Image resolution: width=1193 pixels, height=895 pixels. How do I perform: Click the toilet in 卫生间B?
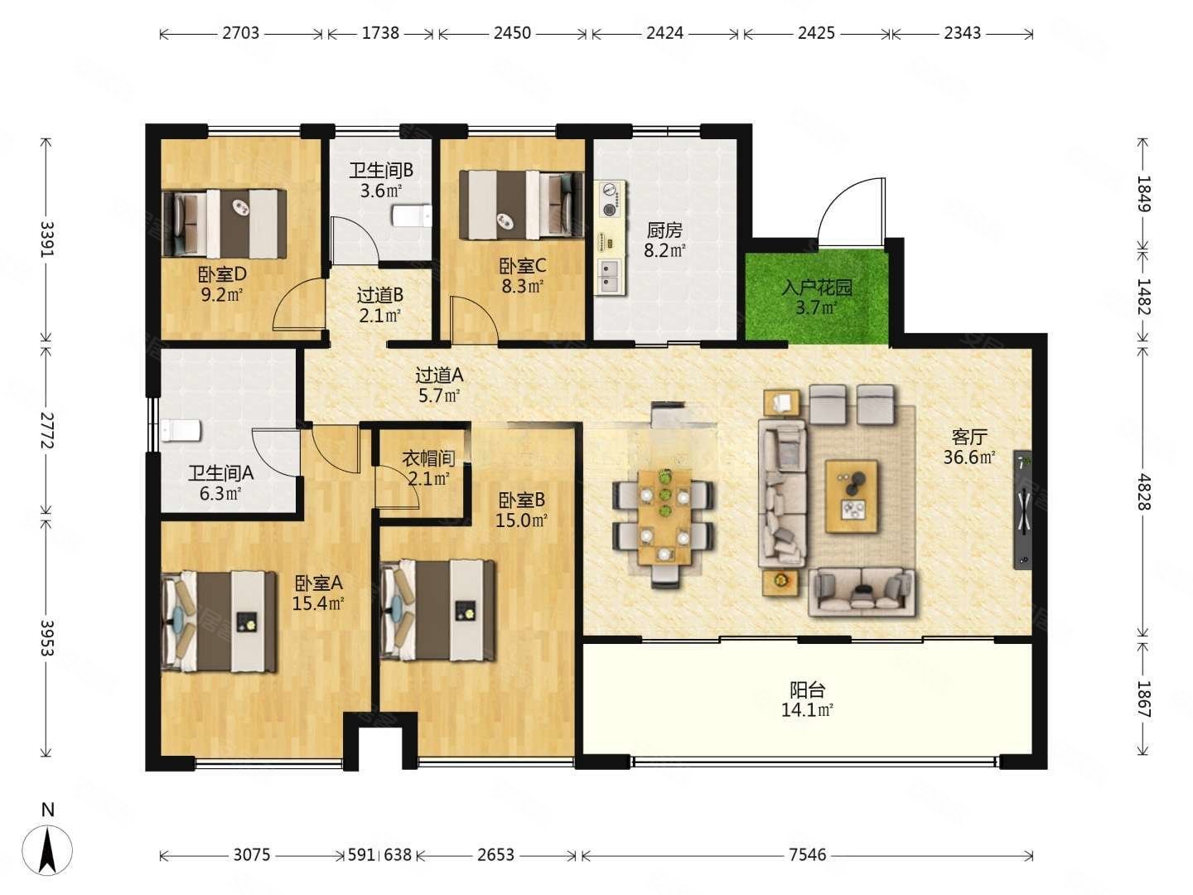pyautogui.click(x=412, y=215)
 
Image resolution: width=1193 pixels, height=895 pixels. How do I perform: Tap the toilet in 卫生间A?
pyautogui.click(x=181, y=430)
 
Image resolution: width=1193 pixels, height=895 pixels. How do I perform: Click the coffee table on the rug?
pyautogui.click(x=851, y=496)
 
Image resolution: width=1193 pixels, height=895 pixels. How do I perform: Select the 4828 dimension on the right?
pyautogui.click(x=1143, y=491)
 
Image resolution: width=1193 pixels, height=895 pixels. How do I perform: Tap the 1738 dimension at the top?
pyautogui.click(x=380, y=33)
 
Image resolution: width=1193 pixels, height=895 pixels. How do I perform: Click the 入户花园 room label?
pyautogui.click(x=816, y=287)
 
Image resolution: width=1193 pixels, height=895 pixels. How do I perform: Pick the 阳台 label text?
pyautogui.click(x=807, y=689)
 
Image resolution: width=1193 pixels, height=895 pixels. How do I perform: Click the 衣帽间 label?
pyautogui.click(x=428, y=458)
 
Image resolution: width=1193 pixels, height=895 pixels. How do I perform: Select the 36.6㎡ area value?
pyautogui.click(x=969, y=457)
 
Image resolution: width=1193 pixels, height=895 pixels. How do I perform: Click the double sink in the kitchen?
pyautogui.click(x=611, y=276)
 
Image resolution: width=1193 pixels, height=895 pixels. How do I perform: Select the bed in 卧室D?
pyautogui.click(x=225, y=223)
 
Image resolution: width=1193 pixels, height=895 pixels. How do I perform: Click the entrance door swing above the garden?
pyautogui.click(x=851, y=211)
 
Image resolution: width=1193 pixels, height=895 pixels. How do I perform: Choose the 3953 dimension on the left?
pyautogui.click(x=47, y=637)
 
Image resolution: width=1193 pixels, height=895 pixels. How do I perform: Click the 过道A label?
pyautogui.click(x=439, y=375)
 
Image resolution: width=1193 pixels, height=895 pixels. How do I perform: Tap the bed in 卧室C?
pyautogui.click(x=521, y=205)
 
